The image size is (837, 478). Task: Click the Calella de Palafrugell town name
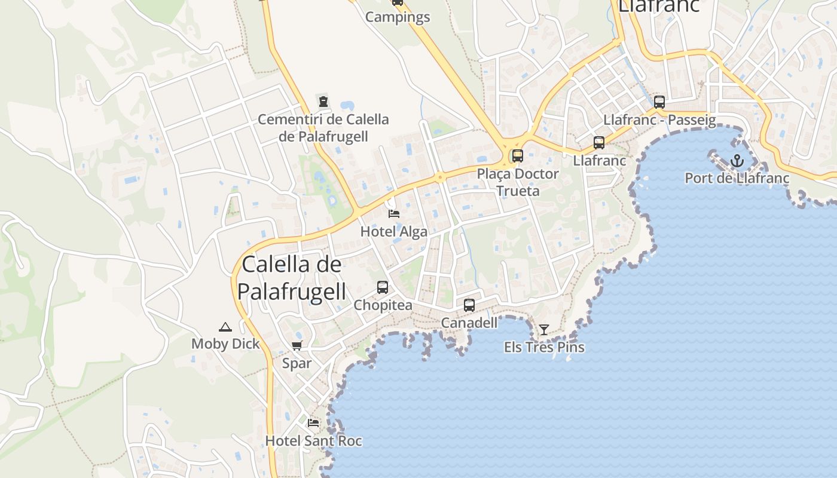292,278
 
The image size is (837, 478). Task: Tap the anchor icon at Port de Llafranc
737,161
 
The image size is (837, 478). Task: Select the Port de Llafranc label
737,178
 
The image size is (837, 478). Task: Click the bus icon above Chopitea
383,287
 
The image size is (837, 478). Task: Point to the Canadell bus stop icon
469,305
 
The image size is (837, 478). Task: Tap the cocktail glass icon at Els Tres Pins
544,329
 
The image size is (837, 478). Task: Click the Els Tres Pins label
544,347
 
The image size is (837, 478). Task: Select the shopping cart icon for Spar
297,345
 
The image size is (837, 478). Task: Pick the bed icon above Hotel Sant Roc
313,423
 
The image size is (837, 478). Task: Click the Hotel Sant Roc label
313,441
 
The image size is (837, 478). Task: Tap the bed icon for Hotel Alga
394,213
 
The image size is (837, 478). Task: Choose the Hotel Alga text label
394,232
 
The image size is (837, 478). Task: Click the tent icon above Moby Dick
225,326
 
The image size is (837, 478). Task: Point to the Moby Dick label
225,344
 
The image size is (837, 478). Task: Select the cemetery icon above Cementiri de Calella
323,102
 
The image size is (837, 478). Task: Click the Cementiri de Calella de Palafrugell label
323,128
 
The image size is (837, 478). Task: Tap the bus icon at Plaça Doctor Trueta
518,156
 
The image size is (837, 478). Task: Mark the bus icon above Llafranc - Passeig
659,102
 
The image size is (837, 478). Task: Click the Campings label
398,17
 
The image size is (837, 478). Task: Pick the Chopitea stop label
383,305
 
